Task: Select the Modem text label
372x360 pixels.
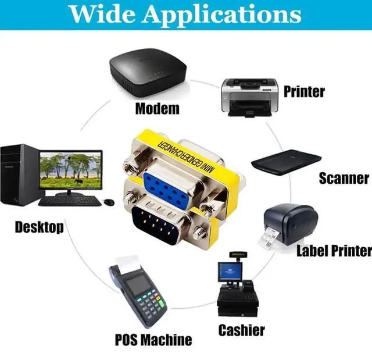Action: [157, 109]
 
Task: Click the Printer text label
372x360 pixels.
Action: [304, 92]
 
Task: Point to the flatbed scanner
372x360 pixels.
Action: [286, 162]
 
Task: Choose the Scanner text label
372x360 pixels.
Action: [344, 178]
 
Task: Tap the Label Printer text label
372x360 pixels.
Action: [334, 251]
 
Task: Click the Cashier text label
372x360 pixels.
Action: [242, 330]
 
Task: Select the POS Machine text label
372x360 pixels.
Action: [153, 340]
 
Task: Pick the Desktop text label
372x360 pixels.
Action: [40, 227]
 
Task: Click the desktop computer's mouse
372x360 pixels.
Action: [109, 202]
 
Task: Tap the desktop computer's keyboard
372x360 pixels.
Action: [70, 201]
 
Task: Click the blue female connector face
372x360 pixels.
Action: [167, 189]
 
